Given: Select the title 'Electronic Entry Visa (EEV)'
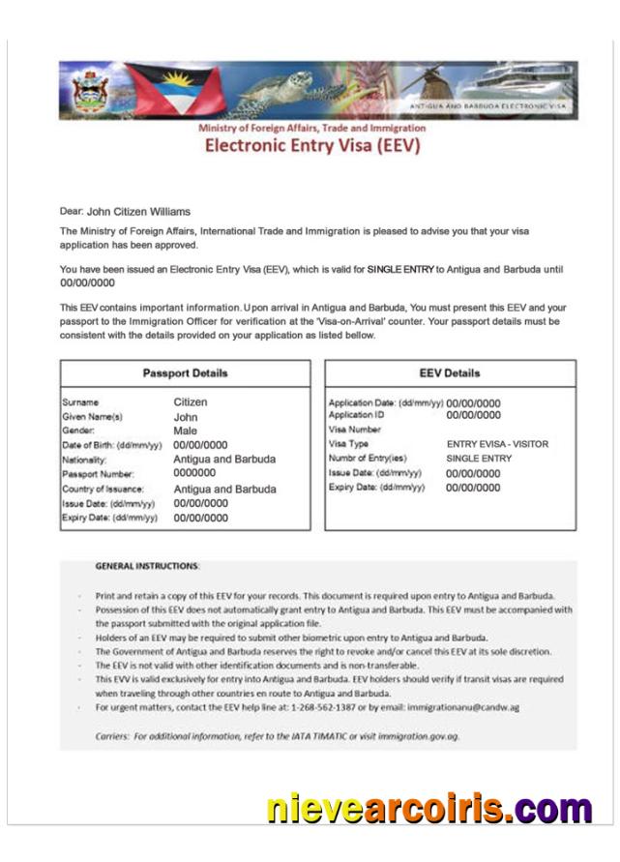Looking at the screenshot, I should pyautogui.click(x=311, y=147).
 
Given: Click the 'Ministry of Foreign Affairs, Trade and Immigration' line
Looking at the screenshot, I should pyautogui.click(x=311, y=128).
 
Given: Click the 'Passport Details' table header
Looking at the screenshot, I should pyautogui.click(x=185, y=373).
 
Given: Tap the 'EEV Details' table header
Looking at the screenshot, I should pyautogui.click(x=450, y=373).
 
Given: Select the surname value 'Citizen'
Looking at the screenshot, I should pyautogui.click(x=191, y=401).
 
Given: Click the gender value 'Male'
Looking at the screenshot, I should pyautogui.click(x=185, y=431).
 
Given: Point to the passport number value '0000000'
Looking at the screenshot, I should pyautogui.click(x=193, y=474).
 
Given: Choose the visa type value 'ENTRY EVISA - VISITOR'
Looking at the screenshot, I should pyautogui.click(x=497, y=444).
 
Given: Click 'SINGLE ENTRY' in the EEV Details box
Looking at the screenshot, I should pyautogui.click(x=479, y=459).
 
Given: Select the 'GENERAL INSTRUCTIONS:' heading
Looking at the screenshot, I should pyautogui.click(x=148, y=565).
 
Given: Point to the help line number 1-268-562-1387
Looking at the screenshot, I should pyautogui.click(x=339, y=707).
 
